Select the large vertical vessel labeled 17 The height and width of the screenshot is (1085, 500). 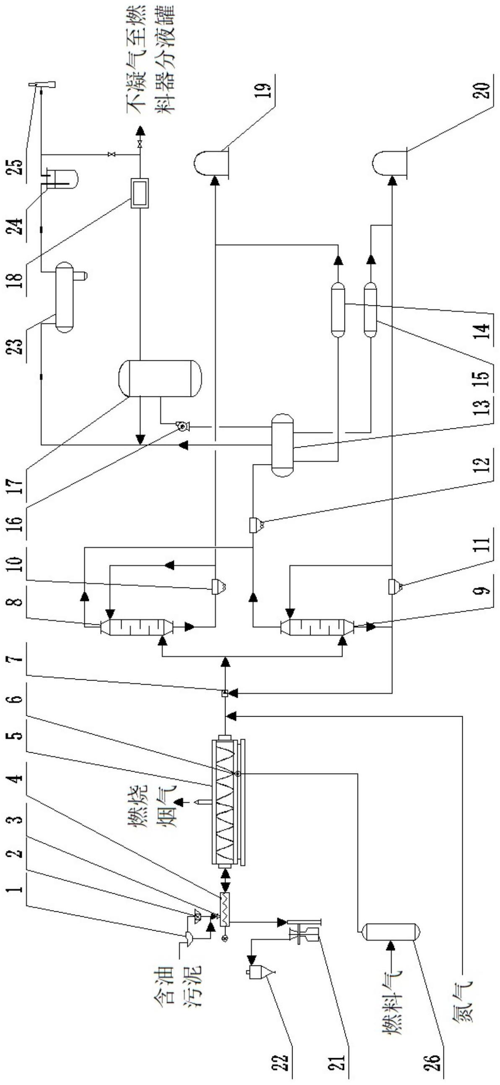(161, 378)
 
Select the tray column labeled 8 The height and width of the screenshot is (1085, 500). (136, 627)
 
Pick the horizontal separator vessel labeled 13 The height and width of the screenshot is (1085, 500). (282, 445)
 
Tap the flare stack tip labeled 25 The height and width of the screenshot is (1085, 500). (42, 84)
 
